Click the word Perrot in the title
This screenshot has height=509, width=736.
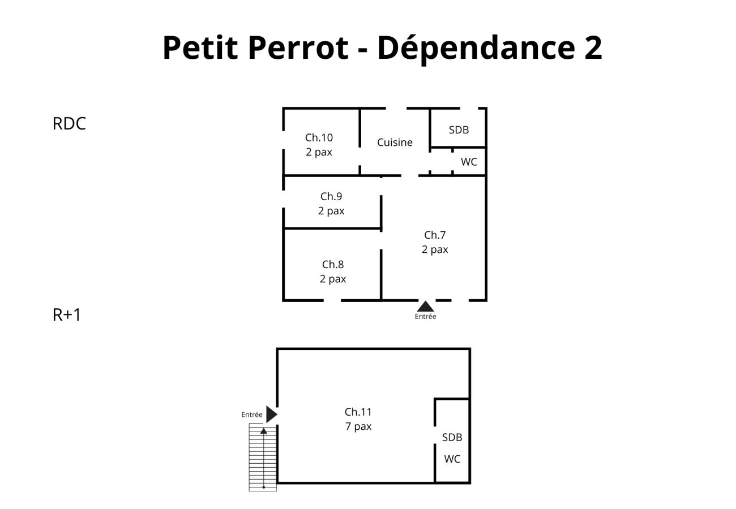click(298, 48)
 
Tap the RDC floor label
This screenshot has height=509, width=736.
click(69, 124)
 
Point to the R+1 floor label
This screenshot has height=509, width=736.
click(67, 314)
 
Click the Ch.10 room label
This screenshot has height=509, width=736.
click(319, 137)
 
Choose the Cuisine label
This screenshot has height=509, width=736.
click(395, 143)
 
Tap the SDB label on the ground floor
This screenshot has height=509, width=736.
click(459, 130)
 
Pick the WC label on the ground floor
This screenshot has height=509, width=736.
click(469, 162)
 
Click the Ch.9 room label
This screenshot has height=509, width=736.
click(331, 197)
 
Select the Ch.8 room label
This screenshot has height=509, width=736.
click(333, 265)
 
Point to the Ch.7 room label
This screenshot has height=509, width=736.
click(435, 235)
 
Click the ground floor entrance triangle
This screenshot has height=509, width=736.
click(425, 307)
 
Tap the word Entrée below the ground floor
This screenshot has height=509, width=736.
click(425, 317)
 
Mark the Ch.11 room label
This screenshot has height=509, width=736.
click(358, 412)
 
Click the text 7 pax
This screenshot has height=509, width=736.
click(358, 426)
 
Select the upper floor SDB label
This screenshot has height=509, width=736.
click(452, 437)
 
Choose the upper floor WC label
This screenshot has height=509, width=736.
click(452, 459)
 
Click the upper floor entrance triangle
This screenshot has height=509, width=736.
click(271, 415)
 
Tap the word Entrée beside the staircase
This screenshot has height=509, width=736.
click(252, 415)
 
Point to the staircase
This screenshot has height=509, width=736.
click(263, 458)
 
